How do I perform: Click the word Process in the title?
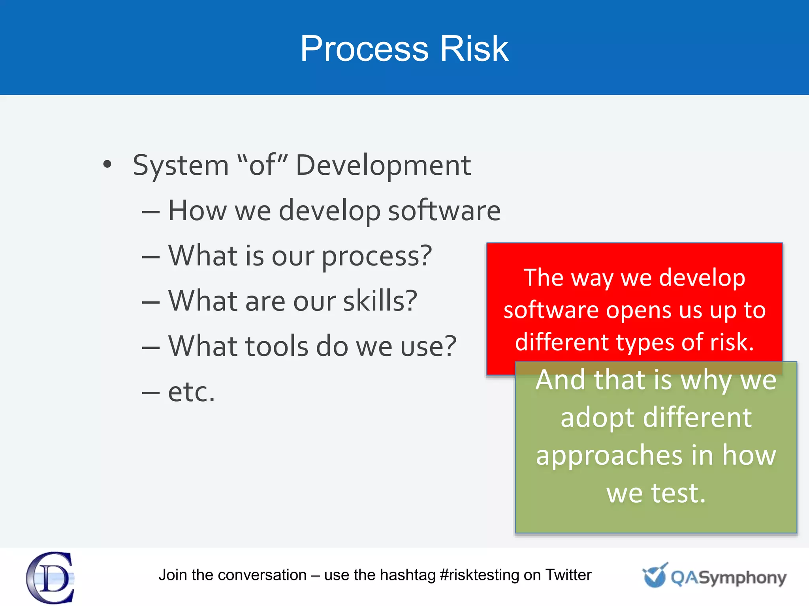tap(364, 49)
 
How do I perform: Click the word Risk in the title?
tap(474, 49)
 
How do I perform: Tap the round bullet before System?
tap(107, 164)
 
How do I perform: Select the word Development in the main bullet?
tap(383, 165)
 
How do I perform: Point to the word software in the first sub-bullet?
tap(444, 211)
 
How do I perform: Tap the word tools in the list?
tap(277, 346)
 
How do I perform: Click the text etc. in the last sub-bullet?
tap(192, 392)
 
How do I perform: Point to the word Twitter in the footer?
tap(568, 575)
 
